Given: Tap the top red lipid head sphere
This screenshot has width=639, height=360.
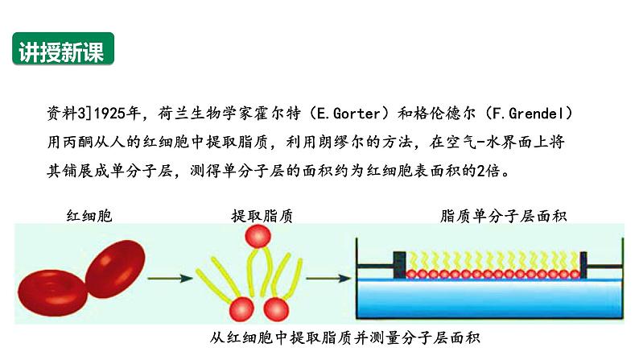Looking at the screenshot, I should (258, 236).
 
